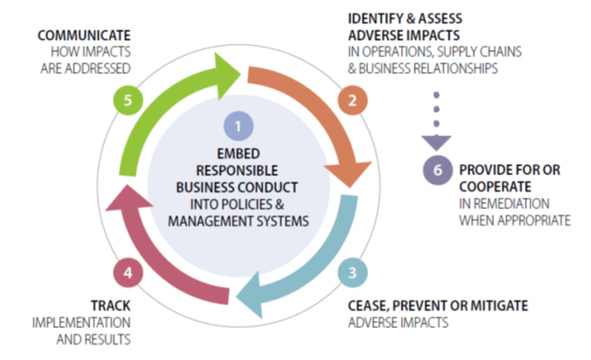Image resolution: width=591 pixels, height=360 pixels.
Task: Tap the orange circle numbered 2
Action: [x=351, y=100]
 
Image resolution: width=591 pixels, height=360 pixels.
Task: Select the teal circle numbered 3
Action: [x=351, y=271]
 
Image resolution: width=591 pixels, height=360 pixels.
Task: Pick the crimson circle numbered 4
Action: [x=127, y=272]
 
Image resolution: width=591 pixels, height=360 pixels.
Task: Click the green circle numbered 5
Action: [x=127, y=100]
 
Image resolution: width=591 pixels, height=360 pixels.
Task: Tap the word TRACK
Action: [x=111, y=305]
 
